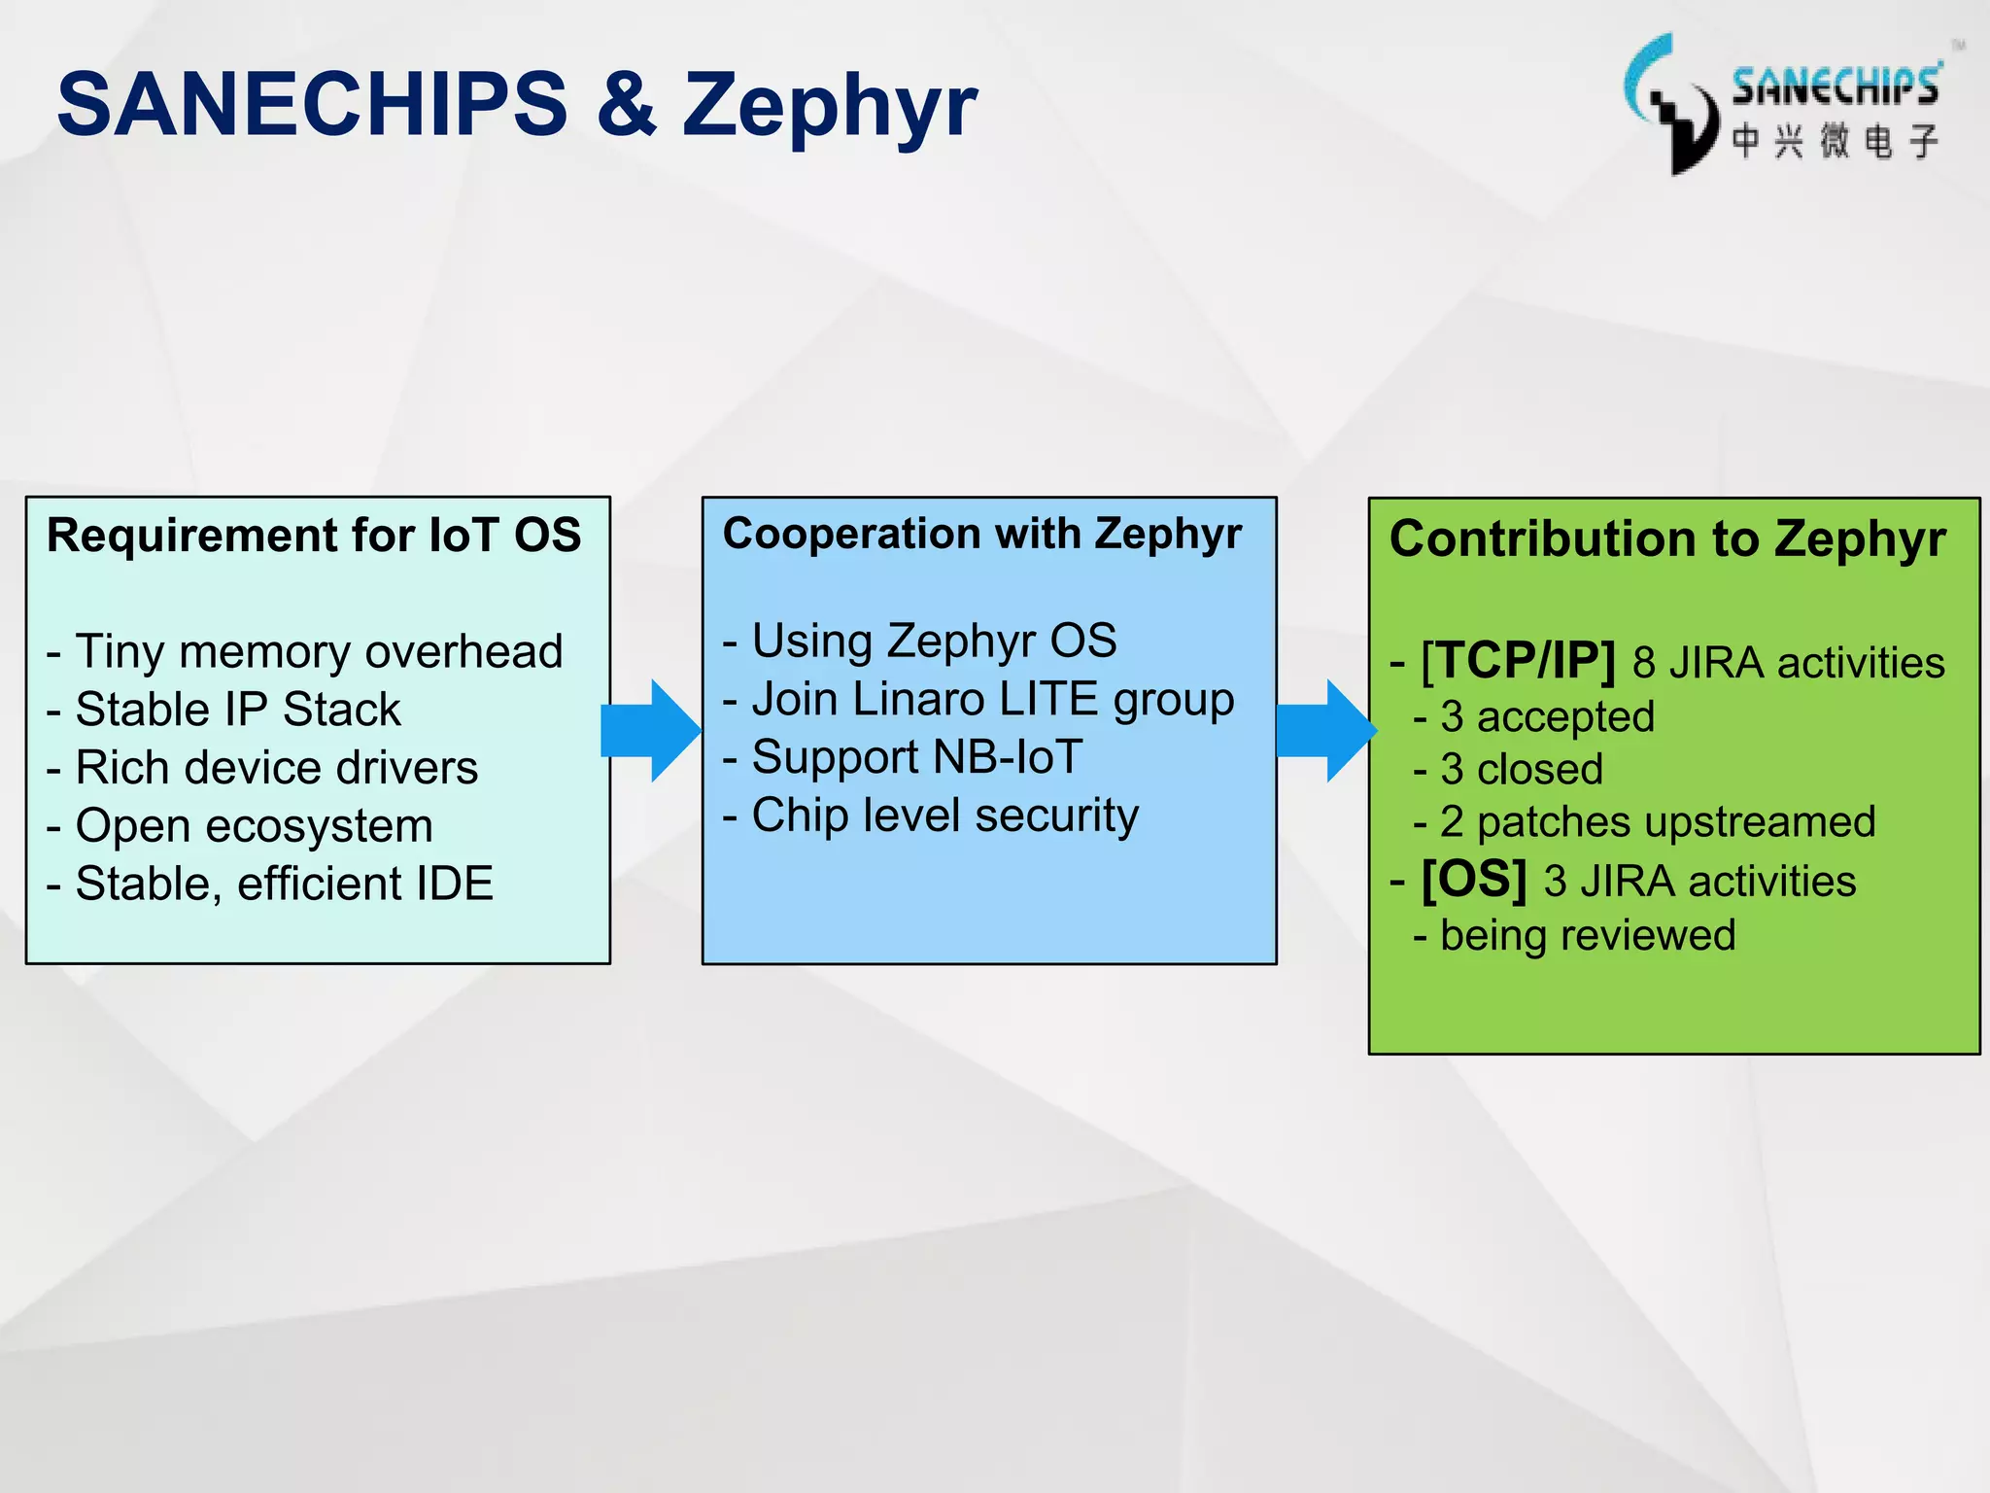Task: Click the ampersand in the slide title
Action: click(x=627, y=104)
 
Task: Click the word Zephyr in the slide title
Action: click(x=829, y=107)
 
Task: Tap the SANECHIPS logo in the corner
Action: click(x=1784, y=105)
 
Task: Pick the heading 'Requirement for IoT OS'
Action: click(x=314, y=536)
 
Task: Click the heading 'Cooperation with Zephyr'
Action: click(x=982, y=534)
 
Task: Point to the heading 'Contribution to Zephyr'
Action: click(x=1667, y=538)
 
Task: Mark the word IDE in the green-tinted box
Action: click(x=454, y=884)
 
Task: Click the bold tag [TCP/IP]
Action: click(x=1518, y=661)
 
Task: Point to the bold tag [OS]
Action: click(x=1473, y=880)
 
